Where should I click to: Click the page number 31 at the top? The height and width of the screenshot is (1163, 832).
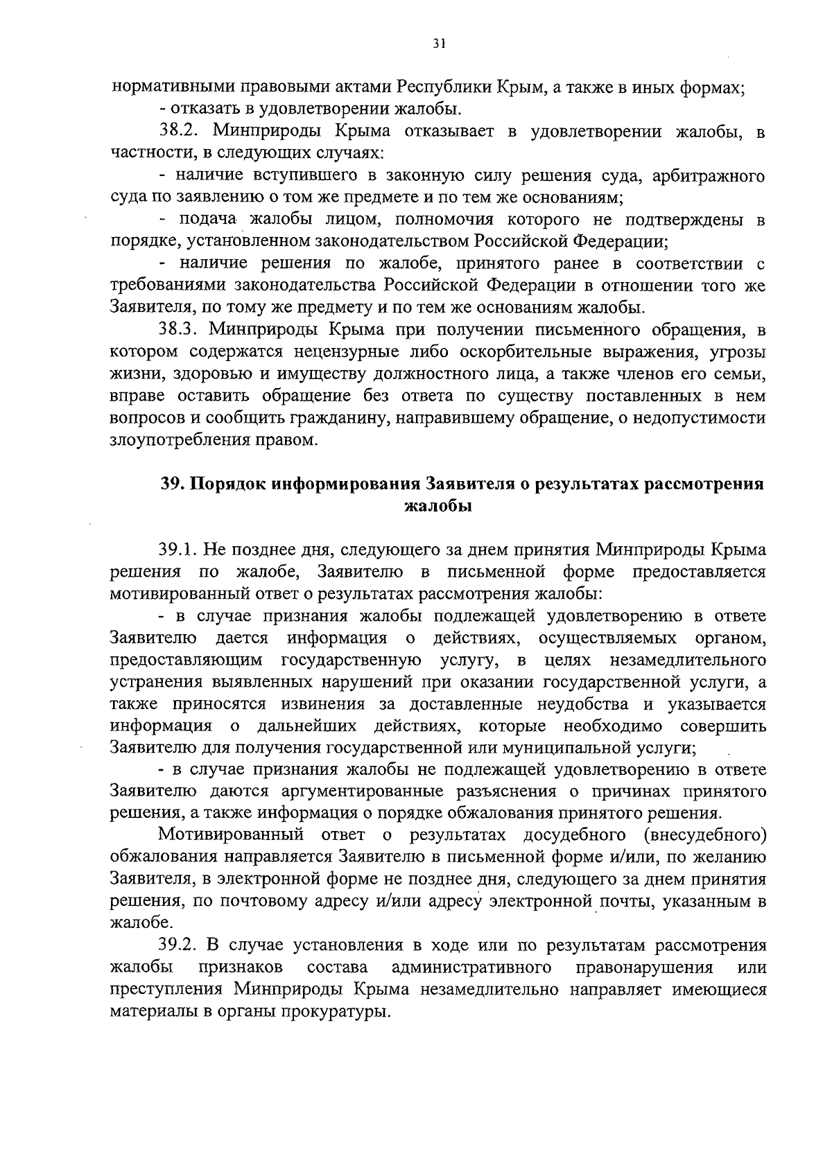[x=438, y=43]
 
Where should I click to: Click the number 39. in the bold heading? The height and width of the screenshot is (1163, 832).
[x=173, y=484]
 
